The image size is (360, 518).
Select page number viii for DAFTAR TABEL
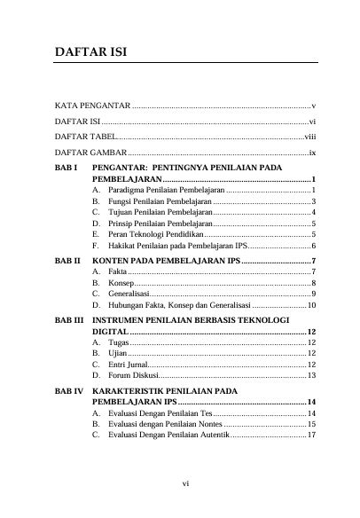[310, 137]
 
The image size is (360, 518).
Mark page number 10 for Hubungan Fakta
[312, 305]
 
